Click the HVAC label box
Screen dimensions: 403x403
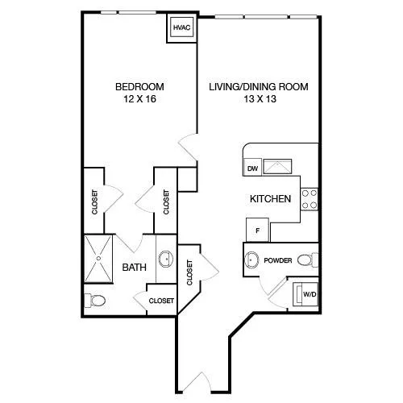tap(181, 27)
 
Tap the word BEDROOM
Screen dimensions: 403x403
tap(139, 87)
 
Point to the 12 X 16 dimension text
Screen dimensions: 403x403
tap(139, 99)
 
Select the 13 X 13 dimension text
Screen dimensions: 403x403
tap(260, 99)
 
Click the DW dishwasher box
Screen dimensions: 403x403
tap(252, 168)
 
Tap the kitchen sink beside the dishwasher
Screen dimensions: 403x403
tap(277, 167)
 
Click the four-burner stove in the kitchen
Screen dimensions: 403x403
tap(310, 199)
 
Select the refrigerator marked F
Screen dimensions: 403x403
tap(258, 230)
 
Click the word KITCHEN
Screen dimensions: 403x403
tap(270, 199)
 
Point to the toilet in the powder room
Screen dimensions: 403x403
tap(308, 260)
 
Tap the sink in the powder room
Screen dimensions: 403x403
tap(251, 260)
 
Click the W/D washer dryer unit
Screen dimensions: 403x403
tap(305, 294)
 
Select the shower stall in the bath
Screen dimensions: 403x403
tap(98, 259)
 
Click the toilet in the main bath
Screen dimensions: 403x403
tap(94, 301)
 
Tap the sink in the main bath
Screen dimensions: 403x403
tap(166, 259)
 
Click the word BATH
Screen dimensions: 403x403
tap(135, 268)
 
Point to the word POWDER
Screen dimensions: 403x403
tap(278, 260)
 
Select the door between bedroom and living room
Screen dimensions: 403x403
tap(189, 147)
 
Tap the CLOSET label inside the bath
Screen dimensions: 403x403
tap(161, 301)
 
